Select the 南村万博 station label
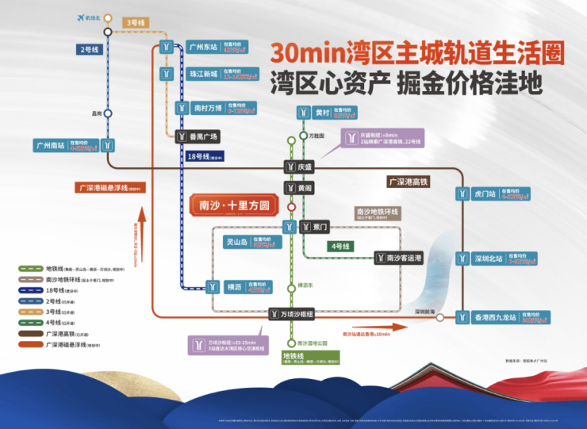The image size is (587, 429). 208,107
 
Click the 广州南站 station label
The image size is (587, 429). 49,145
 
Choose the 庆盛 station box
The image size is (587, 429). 305,167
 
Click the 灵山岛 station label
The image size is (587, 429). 236,242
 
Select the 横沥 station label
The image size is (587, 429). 232,286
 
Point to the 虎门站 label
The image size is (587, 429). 483,193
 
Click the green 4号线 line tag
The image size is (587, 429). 340,247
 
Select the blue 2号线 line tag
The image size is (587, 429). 89,50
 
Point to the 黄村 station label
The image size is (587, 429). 321,113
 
